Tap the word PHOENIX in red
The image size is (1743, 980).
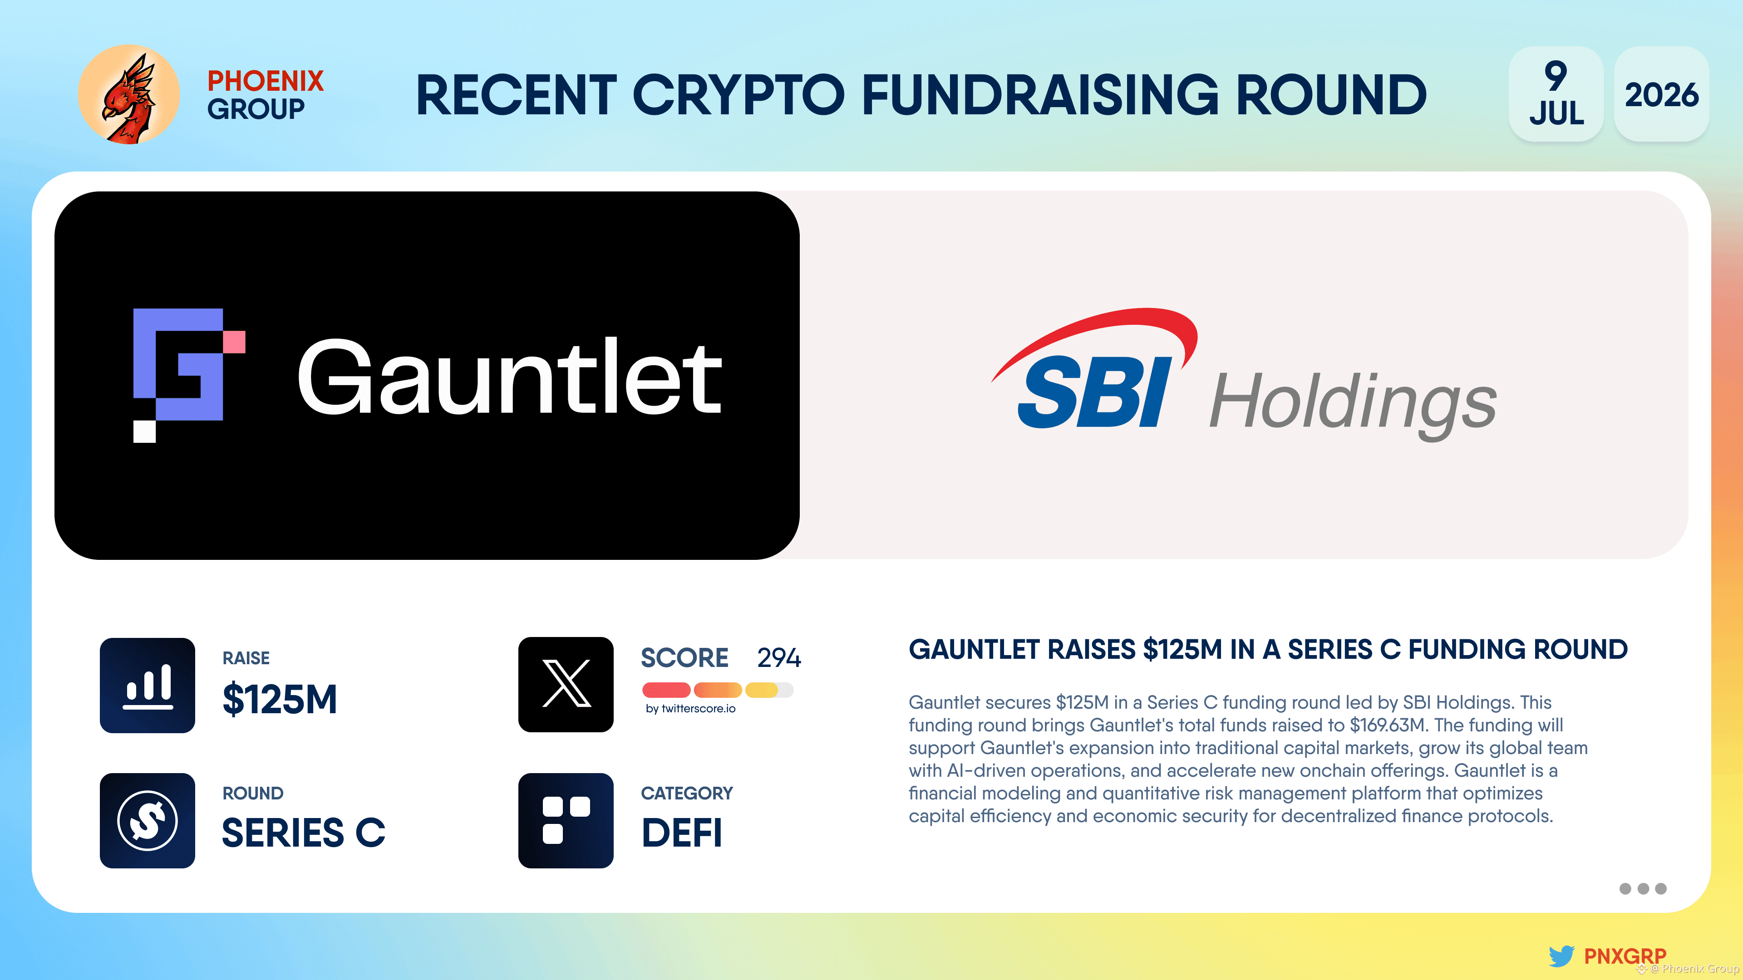tap(265, 81)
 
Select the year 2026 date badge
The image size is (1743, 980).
tap(1661, 94)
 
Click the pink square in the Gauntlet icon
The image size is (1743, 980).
tap(234, 342)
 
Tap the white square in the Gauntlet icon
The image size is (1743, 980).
tap(144, 431)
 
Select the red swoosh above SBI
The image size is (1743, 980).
tap(1110, 331)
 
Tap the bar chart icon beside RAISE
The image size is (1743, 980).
tap(148, 685)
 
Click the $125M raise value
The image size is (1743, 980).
tap(280, 699)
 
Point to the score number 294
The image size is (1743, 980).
tap(779, 658)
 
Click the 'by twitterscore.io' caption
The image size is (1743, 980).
tap(690, 709)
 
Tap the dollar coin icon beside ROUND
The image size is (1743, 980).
tap(148, 820)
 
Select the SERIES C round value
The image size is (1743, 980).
tap(304, 833)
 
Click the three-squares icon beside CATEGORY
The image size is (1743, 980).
tap(566, 820)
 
